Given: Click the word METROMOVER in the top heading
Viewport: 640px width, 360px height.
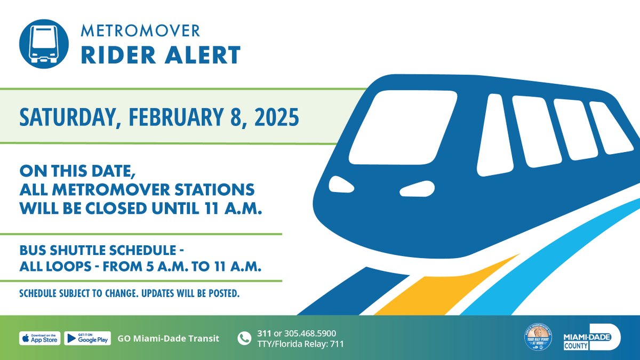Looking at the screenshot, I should pos(140,31).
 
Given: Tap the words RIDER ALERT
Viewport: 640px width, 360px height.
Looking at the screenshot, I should pos(161,55).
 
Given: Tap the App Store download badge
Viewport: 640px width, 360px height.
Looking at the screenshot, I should pos(40,338).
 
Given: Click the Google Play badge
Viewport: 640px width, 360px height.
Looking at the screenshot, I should pos(87,338).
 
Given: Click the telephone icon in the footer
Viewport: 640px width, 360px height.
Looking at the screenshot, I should pos(244,338).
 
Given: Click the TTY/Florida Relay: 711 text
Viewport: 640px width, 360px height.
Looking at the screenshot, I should pos(300,344).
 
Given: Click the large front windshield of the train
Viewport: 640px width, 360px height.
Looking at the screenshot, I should pos(403,127).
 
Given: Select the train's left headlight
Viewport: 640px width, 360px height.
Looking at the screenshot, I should pos(341,185).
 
